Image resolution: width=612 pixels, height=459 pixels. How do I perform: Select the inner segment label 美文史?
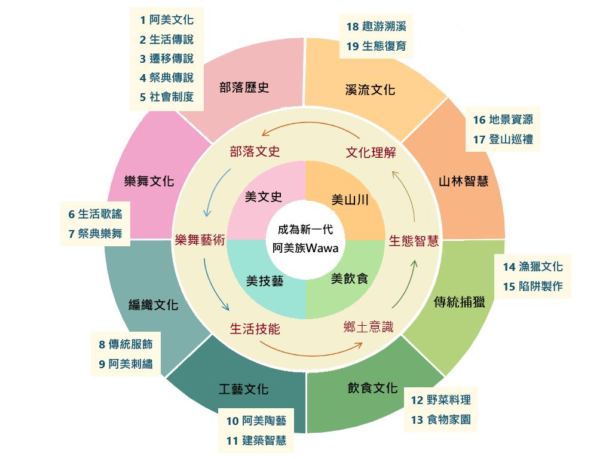click(264, 197)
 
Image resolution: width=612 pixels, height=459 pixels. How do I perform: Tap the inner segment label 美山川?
click(350, 200)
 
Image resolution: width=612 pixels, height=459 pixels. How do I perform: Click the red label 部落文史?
click(255, 151)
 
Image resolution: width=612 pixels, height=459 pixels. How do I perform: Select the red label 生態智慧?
click(414, 241)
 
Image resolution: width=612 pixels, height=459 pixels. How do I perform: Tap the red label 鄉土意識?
click(368, 326)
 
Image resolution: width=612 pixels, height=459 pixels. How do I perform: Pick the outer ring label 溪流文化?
click(371, 90)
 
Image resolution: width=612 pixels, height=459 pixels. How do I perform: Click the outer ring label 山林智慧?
click(463, 181)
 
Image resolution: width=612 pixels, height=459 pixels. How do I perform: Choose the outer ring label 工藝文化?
click(244, 390)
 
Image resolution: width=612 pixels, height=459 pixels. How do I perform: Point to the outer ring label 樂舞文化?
click(149, 181)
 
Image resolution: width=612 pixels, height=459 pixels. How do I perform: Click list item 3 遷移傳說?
click(167, 59)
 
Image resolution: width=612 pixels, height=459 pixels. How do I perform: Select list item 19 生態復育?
click(377, 46)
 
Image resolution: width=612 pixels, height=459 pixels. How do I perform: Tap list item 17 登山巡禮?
click(503, 139)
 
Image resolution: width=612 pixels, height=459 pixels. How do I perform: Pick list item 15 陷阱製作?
click(533, 286)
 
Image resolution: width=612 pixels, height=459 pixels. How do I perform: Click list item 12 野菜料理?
click(441, 400)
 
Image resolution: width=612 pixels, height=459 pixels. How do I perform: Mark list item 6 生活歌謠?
click(96, 214)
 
